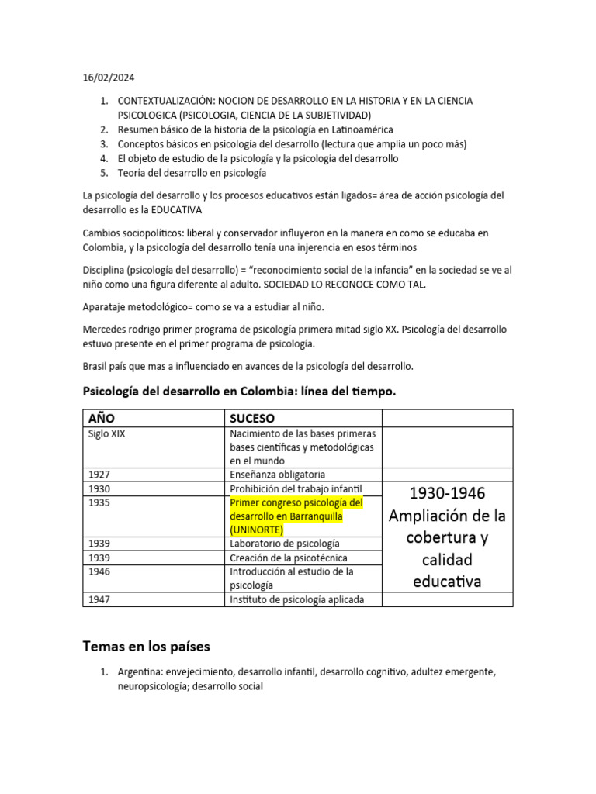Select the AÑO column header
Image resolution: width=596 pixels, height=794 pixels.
pos(102,419)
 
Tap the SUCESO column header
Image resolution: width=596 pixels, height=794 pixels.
pos(252,419)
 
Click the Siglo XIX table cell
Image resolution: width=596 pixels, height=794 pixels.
pos(107,434)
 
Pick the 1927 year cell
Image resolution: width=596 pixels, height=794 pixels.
pos(99,475)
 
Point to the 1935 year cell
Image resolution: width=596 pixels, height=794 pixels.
pos(99,502)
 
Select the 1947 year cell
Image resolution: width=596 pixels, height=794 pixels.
pos(99,599)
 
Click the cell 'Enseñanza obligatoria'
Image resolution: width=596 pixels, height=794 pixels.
pos(277,475)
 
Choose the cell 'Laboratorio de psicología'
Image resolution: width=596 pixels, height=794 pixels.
pos(285,544)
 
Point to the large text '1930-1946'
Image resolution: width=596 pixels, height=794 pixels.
pos(447,493)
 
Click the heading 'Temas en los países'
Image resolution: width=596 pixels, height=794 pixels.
pos(146,646)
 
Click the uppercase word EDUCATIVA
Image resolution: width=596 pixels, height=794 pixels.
pos(178,209)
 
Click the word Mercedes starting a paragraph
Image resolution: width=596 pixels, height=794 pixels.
pos(104,330)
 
